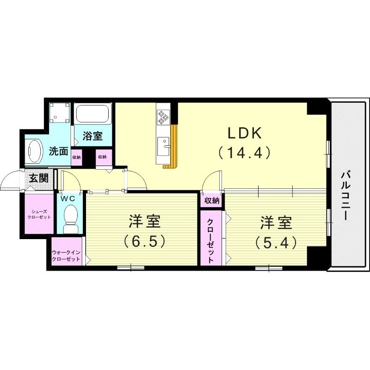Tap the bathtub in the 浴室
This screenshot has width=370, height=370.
click(x=93, y=113)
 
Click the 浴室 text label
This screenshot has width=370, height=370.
click(x=92, y=136)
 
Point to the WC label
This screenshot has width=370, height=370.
click(x=68, y=198)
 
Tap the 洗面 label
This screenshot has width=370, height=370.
click(x=59, y=151)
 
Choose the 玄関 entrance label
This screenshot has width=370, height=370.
click(x=39, y=178)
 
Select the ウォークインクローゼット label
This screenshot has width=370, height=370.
click(x=67, y=256)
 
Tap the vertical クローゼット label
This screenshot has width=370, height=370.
click(x=210, y=240)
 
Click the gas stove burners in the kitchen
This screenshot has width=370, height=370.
click(x=163, y=117)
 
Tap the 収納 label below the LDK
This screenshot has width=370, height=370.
click(x=212, y=200)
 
